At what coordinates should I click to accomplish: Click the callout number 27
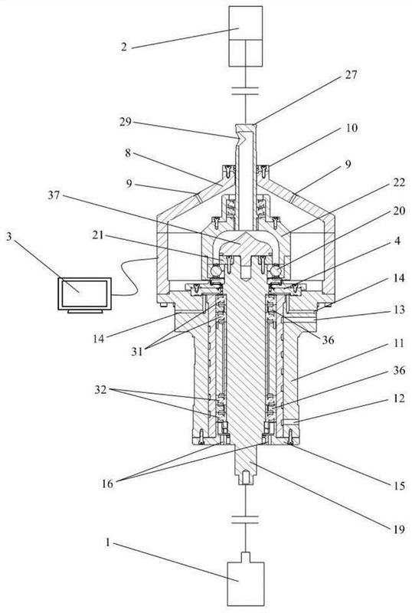(351, 74)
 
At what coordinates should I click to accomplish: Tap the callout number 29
(126, 122)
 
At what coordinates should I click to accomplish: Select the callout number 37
(54, 195)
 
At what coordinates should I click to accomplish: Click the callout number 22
(398, 182)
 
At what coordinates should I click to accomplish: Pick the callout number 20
(398, 211)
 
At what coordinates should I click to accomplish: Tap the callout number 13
(399, 310)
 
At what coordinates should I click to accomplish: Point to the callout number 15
(399, 485)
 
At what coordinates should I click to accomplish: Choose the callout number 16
(107, 484)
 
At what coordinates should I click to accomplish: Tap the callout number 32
(101, 389)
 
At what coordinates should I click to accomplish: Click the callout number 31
(137, 352)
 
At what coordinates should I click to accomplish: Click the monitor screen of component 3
(85, 293)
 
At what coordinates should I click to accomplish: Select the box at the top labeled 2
(245, 36)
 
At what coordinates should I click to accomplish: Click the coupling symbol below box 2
(245, 91)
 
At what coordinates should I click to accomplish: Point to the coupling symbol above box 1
(245, 520)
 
